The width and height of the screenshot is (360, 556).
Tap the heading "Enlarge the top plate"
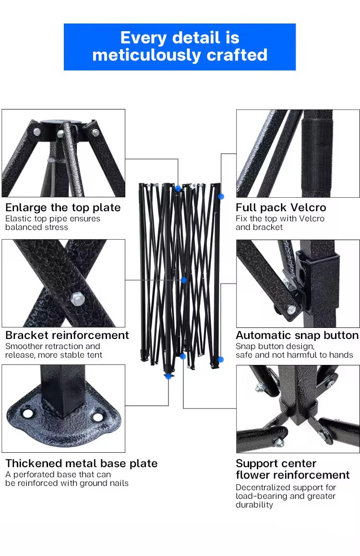coord(63,207)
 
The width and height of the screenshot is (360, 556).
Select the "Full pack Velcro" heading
coord(281,207)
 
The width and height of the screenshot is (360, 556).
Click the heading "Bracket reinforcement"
coord(67,335)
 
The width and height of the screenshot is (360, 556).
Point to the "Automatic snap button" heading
coord(297,335)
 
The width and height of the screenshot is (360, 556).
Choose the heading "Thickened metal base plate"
coord(82,463)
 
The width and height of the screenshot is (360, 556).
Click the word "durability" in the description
coord(254,505)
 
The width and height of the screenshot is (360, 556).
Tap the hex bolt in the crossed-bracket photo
coord(78,299)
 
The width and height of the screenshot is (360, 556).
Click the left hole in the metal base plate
coord(28,413)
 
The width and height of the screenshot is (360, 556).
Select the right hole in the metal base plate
coord(98,417)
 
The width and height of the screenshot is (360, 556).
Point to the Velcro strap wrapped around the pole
coord(317,155)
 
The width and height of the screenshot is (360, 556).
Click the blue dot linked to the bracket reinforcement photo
coord(183,280)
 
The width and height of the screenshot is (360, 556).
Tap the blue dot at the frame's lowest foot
coord(168,376)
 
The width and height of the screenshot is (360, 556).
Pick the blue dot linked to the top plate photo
coord(178,189)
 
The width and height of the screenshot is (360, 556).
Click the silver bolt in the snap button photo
coord(292,310)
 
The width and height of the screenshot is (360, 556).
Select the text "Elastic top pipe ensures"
coord(53,219)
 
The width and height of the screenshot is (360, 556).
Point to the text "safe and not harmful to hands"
coord(294,355)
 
